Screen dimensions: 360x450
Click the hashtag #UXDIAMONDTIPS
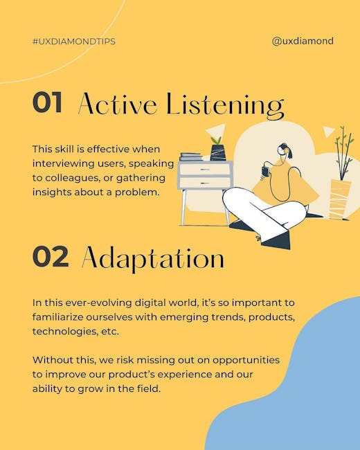(74, 42)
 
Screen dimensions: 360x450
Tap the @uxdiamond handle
(303, 41)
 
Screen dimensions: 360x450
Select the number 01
(47, 102)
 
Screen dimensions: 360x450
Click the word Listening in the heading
(225, 106)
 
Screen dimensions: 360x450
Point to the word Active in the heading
(118, 103)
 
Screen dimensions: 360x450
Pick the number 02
(51, 256)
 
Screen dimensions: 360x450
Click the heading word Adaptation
(153, 259)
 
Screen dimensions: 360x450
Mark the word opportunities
(246, 361)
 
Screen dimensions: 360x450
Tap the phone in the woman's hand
(265, 171)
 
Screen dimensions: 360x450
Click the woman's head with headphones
(285, 150)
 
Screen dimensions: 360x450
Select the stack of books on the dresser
(191, 156)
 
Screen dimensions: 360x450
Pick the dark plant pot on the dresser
(217, 152)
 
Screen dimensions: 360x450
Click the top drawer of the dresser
(204, 170)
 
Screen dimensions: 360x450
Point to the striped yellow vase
(340, 199)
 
